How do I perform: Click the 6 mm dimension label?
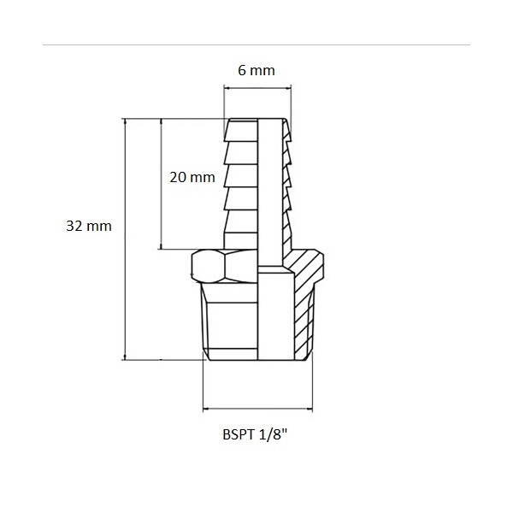click(x=256, y=70)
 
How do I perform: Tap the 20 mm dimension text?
click(x=192, y=178)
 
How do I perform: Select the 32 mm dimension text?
click(x=89, y=227)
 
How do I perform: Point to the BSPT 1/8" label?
click(x=257, y=434)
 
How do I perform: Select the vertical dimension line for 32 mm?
click(x=126, y=239)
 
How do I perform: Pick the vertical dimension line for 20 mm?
click(x=162, y=184)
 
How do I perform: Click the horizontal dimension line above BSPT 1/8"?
click(x=257, y=406)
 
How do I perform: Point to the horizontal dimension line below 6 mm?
click(x=257, y=85)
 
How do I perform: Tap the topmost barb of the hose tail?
click(x=240, y=130)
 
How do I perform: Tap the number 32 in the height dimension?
click(x=74, y=227)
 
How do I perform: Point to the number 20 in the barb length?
click(x=178, y=178)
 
